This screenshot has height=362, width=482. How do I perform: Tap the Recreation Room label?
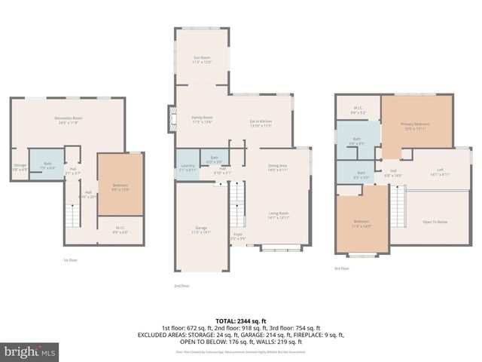pyautogui.click(x=67, y=119)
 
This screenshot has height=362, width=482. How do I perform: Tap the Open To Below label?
pyautogui.click(x=435, y=222)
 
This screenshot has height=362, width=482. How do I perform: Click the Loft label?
pyautogui.click(x=440, y=173)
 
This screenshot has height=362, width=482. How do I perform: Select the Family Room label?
pyautogui.click(x=202, y=118)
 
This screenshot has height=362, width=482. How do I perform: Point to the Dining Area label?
pyautogui.click(x=278, y=167)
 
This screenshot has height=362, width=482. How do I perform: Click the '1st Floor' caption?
pyautogui.click(x=70, y=259)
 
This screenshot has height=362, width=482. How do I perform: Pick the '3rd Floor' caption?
pyautogui.click(x=342, y=268)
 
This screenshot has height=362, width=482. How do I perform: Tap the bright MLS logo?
pyautogui.click(x=30, y=351)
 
